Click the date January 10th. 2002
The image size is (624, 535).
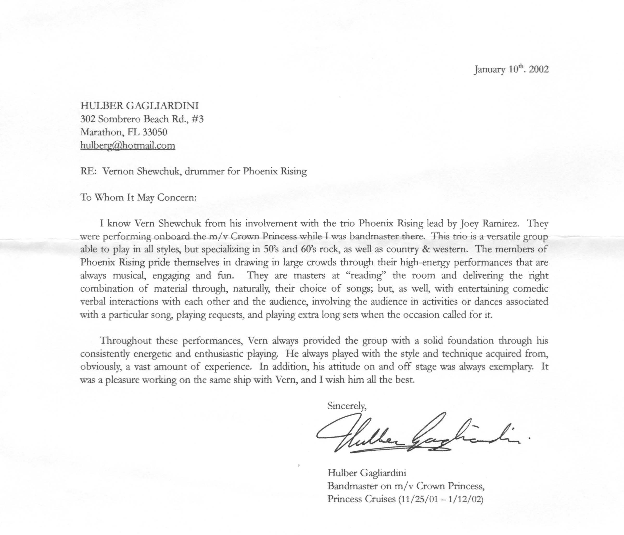pos(511,70)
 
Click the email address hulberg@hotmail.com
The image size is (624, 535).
pos(128,146)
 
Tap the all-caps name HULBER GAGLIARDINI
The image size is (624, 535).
pos(139,106)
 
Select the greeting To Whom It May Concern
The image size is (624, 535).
pos(138,198)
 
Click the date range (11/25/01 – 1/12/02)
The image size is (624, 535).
pos(441,499)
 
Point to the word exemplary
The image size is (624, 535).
pos(515,367)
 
